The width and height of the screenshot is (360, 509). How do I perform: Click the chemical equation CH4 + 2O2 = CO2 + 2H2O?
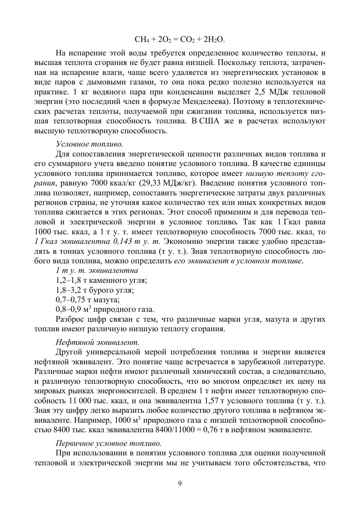pos(180,39)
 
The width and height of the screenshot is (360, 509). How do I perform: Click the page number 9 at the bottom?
pos(180,483)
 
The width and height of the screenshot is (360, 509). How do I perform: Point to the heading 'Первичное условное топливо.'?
pos(109,443)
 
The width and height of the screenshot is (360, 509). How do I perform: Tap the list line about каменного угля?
pos(101,280)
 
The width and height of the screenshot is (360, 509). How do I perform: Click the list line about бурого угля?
pos(95,290)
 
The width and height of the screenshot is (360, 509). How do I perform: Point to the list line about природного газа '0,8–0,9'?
pos(105,309)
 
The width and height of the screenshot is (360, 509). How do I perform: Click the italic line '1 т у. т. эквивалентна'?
pos(97,271)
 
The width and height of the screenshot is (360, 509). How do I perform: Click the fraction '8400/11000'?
pos(175,429)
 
